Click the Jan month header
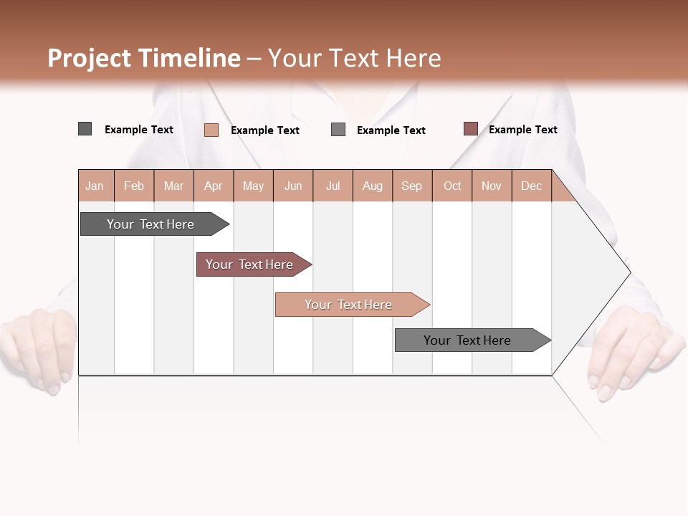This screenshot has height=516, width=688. point(95,186)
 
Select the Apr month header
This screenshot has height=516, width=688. point(214,186)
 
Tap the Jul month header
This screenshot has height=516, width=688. point(333,186)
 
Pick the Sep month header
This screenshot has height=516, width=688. point(412,186)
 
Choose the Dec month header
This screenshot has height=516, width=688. point(531,186)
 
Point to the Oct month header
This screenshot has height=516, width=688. point(452,186)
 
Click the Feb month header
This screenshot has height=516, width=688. point(134,186)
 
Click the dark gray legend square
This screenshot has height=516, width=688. point(85,129)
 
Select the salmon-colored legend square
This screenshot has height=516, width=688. point(211,130)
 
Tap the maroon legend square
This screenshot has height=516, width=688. point(470,129)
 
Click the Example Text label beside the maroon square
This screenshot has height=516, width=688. point(522,129)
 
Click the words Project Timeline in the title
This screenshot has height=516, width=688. point(144,58)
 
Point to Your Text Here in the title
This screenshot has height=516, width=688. point(354,58)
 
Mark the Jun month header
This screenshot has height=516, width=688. point(293,186)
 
